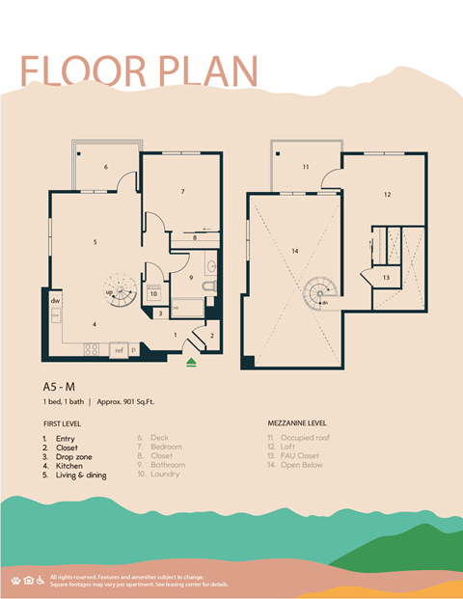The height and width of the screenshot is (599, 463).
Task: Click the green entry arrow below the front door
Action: coord(191,362)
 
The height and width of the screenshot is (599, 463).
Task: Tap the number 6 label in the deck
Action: coord(105,167)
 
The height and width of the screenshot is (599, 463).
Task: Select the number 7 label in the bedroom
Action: coord(182,192)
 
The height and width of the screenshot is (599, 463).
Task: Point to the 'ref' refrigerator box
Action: coord(119,350)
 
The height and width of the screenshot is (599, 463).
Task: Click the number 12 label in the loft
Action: coord(387,194)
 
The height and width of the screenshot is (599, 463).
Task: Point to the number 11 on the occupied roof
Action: coord(305,167)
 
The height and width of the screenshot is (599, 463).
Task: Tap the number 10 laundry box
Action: coord(154,294)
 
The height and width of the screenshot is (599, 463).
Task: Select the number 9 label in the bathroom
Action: coord(191,278)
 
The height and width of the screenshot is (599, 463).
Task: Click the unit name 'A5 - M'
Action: coord(62,386)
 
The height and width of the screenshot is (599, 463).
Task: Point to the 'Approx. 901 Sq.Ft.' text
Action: coord(135,400)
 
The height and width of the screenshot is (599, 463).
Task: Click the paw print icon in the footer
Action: coord(16,580)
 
